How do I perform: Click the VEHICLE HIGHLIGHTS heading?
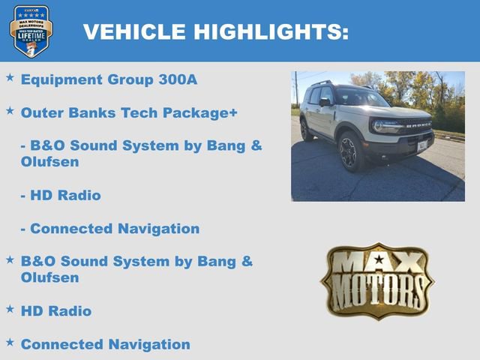[x=216, y=31]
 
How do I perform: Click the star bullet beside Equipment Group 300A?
[x=10, y=77]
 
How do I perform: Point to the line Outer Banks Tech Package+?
[x=129, y=112]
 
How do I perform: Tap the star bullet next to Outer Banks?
[x=10, y=110]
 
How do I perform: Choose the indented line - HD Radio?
[x=61, y=195]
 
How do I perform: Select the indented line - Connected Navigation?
[x=110, y=229]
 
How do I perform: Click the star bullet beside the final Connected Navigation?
[x=10, y=342]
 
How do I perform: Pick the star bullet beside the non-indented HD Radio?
[x=10, y=308]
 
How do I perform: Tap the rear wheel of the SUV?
[x=306, y=130]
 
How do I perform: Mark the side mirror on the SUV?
[x=325, y=102]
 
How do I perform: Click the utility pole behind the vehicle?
[x=296, y=88]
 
